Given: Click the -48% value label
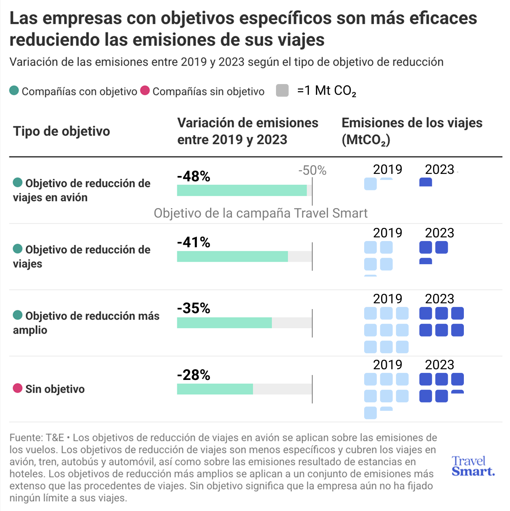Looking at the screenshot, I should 194,176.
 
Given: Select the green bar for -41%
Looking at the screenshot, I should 232,256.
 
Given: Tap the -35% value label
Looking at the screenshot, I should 194,308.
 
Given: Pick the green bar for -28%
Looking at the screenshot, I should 215,389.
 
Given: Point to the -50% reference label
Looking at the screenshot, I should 312,171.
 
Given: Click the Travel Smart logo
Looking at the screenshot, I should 473,466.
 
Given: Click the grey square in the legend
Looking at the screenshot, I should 282,90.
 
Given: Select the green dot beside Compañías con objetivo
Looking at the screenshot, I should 14,91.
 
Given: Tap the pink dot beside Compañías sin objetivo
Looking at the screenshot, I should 145,91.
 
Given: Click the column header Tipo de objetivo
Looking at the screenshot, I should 61,131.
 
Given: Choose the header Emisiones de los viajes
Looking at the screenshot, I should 412,123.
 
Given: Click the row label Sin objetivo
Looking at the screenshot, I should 55,389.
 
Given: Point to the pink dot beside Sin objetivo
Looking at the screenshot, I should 17,388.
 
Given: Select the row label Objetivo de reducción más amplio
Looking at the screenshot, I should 86,323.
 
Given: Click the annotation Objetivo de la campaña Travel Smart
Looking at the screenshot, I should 260,213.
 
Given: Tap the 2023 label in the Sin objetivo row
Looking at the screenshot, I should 439,365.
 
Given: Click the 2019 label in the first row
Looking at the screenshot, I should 387,169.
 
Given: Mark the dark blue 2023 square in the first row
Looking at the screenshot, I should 426,182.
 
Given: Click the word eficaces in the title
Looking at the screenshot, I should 446,18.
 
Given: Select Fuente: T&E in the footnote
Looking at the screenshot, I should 37,438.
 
